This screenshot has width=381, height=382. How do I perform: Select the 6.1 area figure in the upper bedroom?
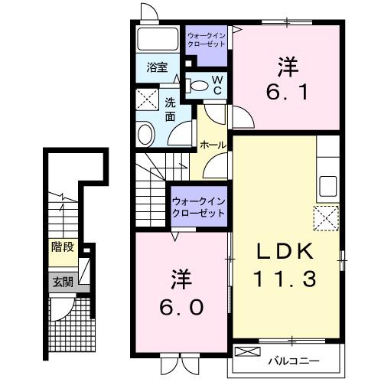(287, 93)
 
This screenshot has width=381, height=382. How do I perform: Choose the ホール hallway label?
(212, 144)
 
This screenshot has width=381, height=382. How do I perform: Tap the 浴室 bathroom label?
(158, 67)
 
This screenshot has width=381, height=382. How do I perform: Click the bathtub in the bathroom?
(158, 40)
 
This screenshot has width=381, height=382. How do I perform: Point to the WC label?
(217, 85)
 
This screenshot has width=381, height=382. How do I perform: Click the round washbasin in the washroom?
(145, 134)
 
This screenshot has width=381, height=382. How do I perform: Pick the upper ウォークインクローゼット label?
(205, 39)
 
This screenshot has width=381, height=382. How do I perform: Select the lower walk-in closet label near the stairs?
(198, 206)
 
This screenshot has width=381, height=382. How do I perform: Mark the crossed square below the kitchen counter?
(327, 219)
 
